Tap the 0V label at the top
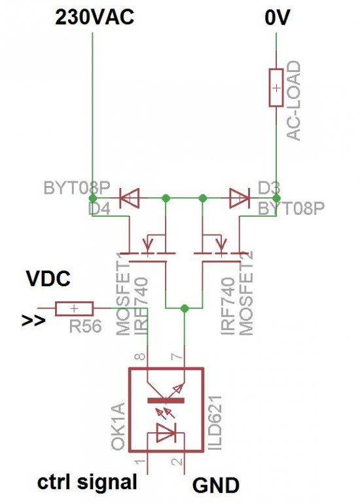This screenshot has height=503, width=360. click(x=277, y=17)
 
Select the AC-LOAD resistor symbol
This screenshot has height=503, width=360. click(x=276, y=88)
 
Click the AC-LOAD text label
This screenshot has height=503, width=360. click(x=294, y=101)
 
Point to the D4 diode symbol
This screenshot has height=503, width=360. click(x=129, y=198)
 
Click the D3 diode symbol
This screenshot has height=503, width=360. click(x=240, y=198)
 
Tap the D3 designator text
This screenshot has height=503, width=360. click(x=268, y=189)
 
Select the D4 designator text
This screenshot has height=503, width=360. click(x=99, y=208)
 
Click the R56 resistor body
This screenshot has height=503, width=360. click(x=75, y=308)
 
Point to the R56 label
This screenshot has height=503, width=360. click(x=85, y=326)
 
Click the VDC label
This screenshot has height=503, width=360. click(x=48, y=278)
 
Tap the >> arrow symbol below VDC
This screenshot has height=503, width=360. click(x=33, y=320)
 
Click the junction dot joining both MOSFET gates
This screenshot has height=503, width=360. click(x=185, y=308)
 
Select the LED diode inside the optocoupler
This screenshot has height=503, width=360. click(x=166, y=432)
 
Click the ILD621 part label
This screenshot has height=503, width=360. click(x=215, y=422)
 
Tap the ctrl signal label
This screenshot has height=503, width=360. click(x=87, y=483)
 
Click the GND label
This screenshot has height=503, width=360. click(x=216, y=485)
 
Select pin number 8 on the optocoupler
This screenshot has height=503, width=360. click(x=141, y=356)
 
